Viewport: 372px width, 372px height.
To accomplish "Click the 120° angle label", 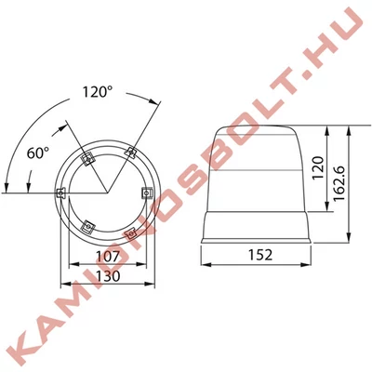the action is pyautogui.click(x=98, y=92).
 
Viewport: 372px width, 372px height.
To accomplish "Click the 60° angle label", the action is pyautogui.click(x=38, y=153).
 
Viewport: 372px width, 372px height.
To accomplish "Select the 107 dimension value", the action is pyautogui.click(x=108, y=257).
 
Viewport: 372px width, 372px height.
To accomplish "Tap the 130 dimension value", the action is pyautogui.click(x=108, y=276).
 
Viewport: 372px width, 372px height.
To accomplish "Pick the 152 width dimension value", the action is pyautogui.click(x=260, y=255).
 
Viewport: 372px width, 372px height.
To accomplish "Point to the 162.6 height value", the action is pyautogui.click(x=340, y=183).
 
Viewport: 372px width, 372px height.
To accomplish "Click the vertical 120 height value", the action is pyautogui.click(x=318, y=168).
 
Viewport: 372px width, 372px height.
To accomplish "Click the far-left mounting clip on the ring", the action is pyautogui.click(x=60, y=193).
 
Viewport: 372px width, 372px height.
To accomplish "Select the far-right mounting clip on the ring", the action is pyautogui.click(x=147, y=193).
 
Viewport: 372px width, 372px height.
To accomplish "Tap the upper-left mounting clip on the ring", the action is pyautogui.click(x=87, y=159).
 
